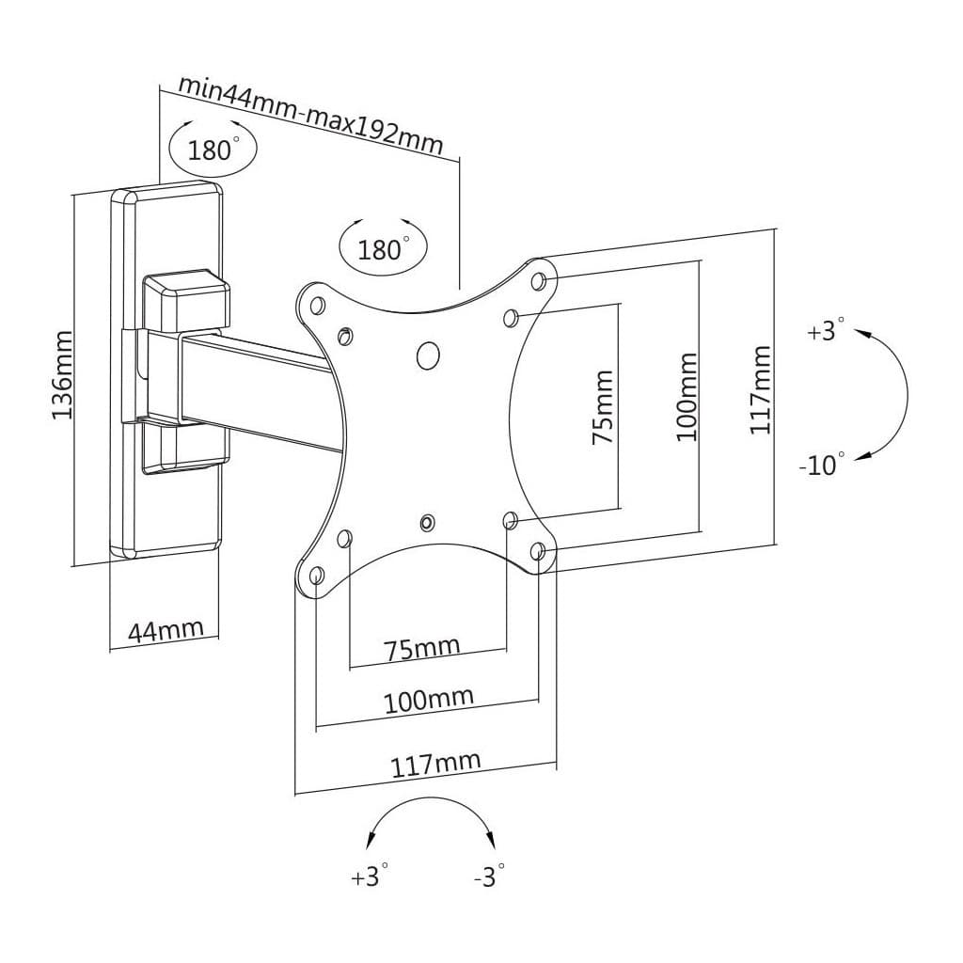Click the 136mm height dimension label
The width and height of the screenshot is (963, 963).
pos(62,374)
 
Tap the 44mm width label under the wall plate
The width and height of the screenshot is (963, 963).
pos(166,630)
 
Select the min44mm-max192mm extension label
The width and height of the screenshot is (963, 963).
pos(310,114)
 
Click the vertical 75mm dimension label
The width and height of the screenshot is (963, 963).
pos(603,406)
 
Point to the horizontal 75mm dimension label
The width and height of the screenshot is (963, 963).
pos(421,649)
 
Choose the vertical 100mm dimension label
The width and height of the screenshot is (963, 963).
pos(687,397)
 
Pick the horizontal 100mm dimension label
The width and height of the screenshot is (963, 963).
pos(428,701)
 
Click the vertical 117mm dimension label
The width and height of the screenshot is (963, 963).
pos(760,390)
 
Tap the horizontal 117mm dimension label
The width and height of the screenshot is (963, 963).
pos(435,765)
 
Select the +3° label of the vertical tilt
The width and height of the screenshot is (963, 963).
pos(826,331)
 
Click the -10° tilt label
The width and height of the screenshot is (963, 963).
pos(822,464)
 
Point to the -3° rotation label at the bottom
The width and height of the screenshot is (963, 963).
pos(489,876)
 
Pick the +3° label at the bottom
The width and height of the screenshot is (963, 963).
pos(370,876)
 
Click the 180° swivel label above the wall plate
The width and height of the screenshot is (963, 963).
pos(213,150)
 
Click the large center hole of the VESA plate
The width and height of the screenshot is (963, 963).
pos(427,355)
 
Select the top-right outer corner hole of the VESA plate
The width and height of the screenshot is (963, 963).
pos(539,279)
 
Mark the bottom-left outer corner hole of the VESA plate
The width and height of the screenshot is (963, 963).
pos(316,575)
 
